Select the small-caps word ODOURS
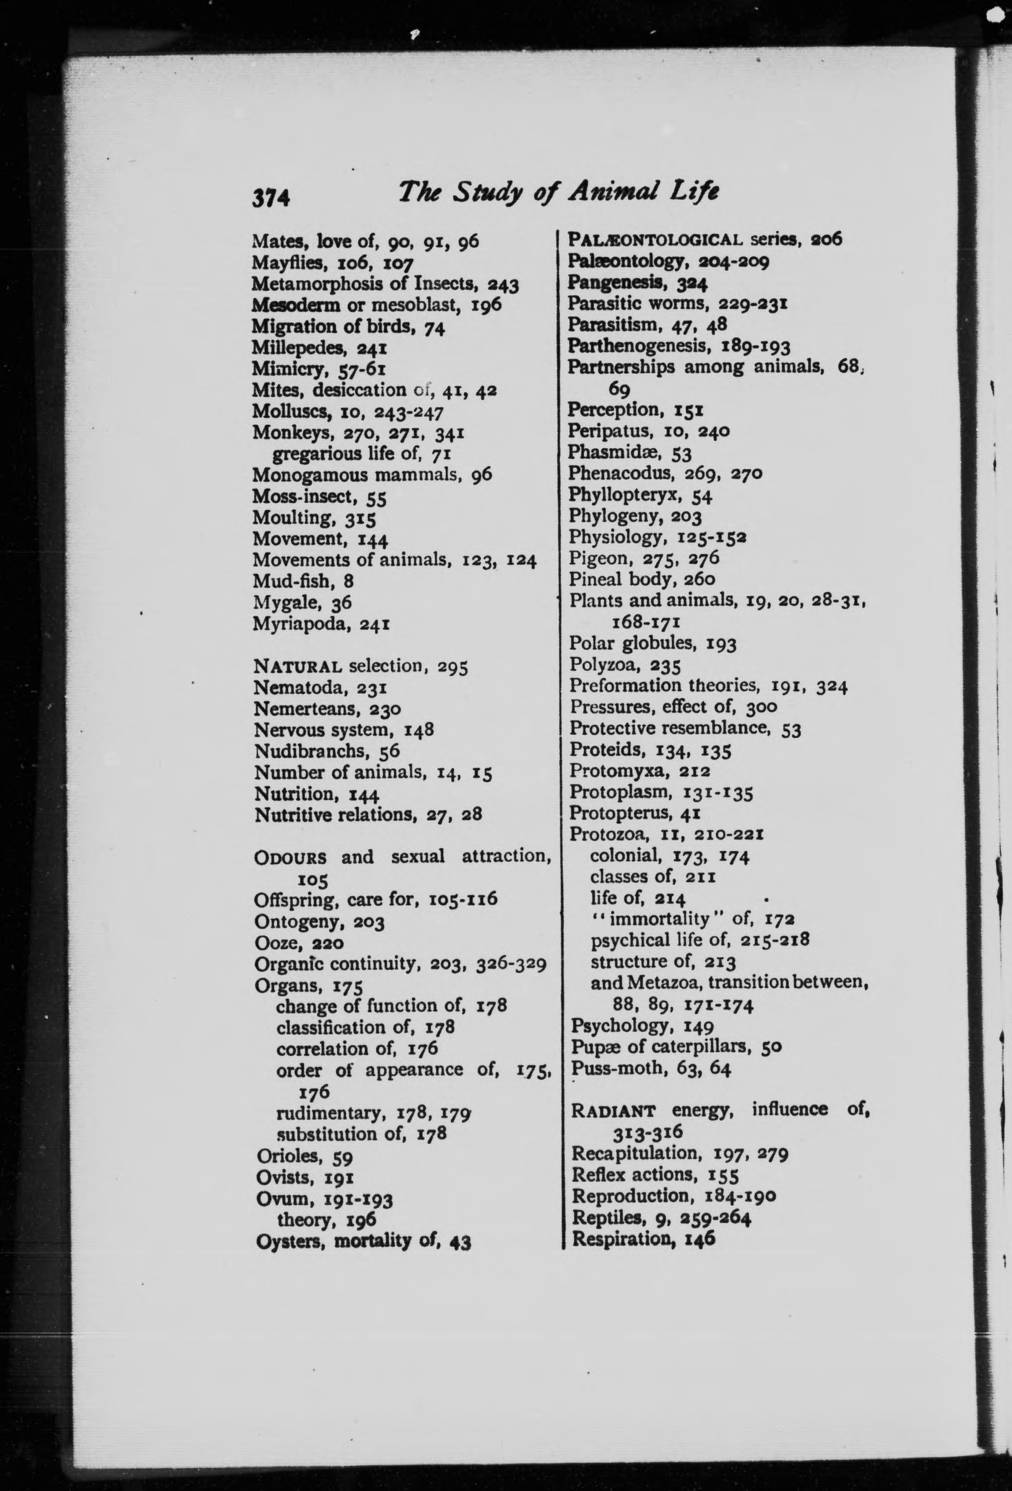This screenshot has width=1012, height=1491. [x=290, y=857]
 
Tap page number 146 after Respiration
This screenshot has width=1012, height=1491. [x=700, y=1239]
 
